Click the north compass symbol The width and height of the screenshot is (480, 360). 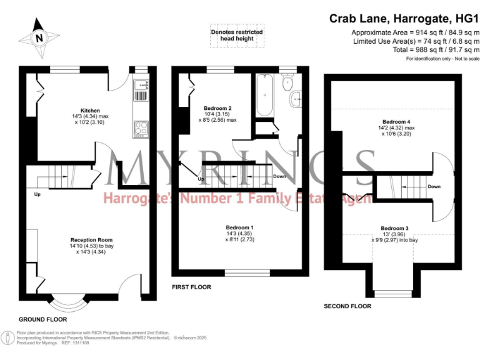point(39,36)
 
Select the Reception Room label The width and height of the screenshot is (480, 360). point(91,240)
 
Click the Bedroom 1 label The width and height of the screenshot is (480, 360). point(240,227)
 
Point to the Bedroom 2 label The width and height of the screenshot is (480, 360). point(217,107)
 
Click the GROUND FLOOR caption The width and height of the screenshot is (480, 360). point(42,319)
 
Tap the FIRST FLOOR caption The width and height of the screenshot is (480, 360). point(191,287)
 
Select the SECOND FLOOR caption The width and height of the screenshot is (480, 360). point(347,306)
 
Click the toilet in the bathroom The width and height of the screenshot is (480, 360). point(288,84)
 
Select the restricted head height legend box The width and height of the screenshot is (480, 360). point(236,36)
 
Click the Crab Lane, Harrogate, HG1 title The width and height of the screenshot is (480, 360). point(404,19)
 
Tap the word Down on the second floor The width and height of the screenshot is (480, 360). point(434,186)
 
